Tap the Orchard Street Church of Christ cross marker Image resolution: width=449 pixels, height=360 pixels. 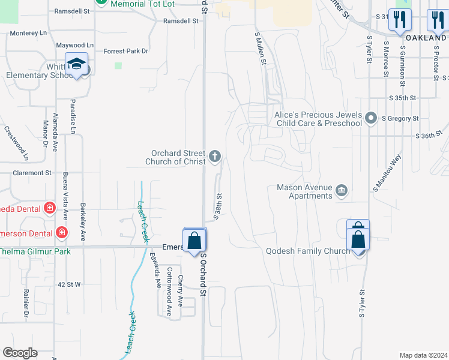point(215,157)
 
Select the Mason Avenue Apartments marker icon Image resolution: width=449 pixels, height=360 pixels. point(342,191)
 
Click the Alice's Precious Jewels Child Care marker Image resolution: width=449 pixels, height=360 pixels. point(370,118)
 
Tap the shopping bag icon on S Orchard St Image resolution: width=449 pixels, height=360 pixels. point(194,241)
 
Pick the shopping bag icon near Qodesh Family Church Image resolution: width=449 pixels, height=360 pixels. point(358,239)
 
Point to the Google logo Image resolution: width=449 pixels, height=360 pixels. point(20,353)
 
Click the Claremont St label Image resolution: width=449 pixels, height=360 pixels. point(31,173)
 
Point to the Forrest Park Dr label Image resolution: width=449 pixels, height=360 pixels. point(125,52)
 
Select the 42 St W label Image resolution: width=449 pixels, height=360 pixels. point(70,284)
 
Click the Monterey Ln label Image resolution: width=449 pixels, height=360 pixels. point(28,33)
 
